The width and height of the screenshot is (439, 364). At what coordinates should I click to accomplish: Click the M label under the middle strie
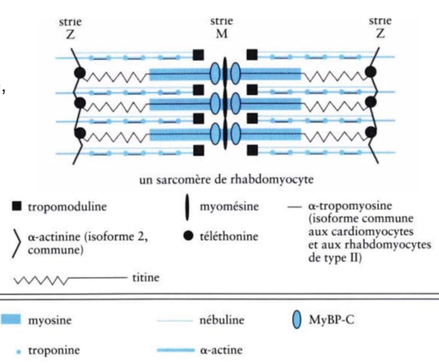221,35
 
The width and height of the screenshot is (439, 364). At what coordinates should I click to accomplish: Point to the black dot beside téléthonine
187,236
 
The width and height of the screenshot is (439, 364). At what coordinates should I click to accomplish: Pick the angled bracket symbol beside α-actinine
17,243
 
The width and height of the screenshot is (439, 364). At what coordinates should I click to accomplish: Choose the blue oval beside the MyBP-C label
294,321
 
